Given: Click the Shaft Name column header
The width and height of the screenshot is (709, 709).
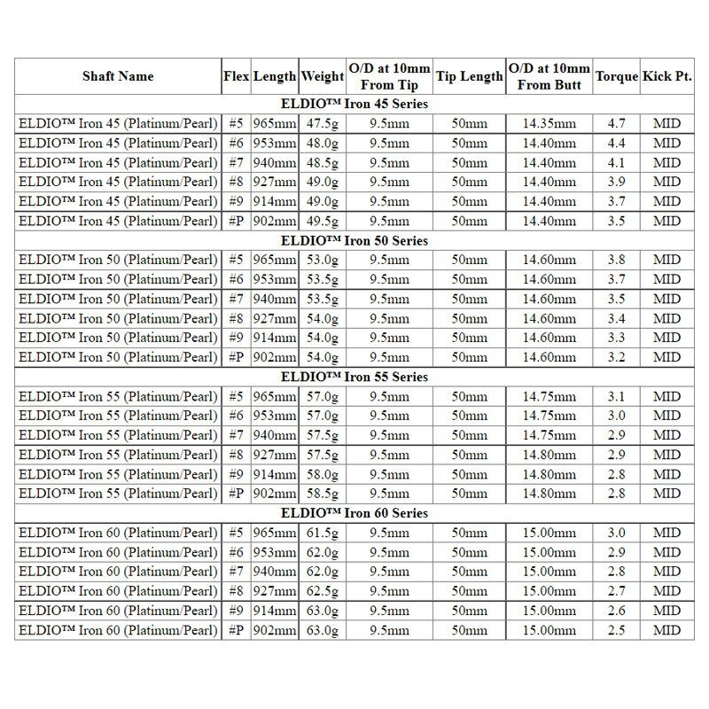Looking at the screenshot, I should click(118, 76).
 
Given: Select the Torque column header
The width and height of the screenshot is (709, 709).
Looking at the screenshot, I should click(617, 76).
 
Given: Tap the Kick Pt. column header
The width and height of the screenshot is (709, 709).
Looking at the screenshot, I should click(666, 76).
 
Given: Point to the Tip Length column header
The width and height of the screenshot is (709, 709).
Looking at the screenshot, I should click(469, 76).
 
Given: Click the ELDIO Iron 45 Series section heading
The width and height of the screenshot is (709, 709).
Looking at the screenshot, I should click(354, 105).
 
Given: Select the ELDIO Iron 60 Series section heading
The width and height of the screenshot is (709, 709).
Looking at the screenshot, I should click(354, 513).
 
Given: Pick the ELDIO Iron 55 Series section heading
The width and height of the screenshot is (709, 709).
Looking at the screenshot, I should click(354, 377).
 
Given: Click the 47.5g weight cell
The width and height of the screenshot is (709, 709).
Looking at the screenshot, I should click(322, 124).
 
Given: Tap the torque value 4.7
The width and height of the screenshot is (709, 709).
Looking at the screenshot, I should click(617, 124).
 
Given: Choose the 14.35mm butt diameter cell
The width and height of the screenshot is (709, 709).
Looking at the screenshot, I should click(549, 124).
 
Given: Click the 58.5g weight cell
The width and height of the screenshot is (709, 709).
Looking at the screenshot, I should click(322, 494).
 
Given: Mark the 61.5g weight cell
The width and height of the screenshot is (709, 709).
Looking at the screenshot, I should click(322, 534).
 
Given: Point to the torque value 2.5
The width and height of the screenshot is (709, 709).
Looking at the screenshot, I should click(617, 630).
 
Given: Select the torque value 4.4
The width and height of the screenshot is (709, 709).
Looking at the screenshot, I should click(617, 144).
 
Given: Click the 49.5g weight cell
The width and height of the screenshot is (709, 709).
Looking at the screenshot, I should click(322, 221).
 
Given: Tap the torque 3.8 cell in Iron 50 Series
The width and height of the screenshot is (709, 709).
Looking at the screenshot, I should click(617, 261).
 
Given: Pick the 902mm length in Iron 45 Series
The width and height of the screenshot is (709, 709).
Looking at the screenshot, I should click(275, 221).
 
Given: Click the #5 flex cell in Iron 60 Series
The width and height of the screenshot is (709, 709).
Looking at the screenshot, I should click(236, 534).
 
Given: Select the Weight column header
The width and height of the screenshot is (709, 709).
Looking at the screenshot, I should click(322, 76).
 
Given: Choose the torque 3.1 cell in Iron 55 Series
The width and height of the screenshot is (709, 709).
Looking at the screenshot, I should click(617, 396).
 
